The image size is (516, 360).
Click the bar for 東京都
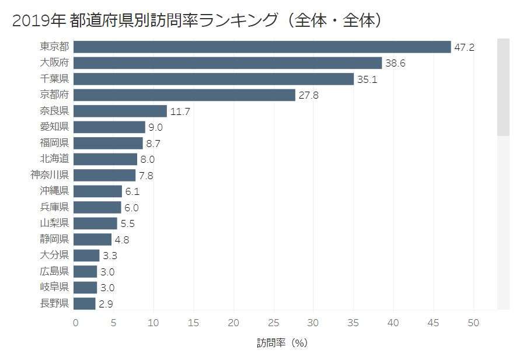click(262, 47)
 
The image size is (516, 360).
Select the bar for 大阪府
click(228, 63)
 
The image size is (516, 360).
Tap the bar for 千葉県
click(214, 79)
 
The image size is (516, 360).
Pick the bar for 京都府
click(184, 95)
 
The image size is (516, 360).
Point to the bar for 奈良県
click(120, 111)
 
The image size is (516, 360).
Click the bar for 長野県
click(85, 303)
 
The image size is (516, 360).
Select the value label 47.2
click(465, 47)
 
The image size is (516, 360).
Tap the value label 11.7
click(180, 111)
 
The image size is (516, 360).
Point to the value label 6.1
click(133, 191)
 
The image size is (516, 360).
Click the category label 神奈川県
click(50, 175)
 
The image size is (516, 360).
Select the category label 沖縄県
click(54, 191)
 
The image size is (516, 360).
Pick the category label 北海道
click(54, 159)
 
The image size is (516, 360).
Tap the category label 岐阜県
click(54, 287)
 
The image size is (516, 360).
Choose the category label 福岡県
click(54, 143)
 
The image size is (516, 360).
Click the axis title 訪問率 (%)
click(282, 343)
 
